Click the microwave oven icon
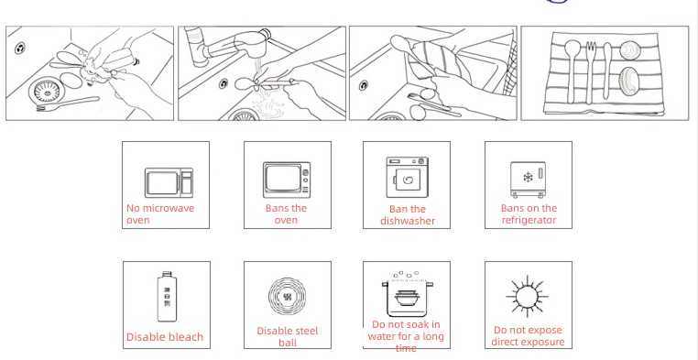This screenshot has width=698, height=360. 169,182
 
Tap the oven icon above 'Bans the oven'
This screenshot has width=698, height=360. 286,180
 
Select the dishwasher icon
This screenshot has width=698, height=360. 407,177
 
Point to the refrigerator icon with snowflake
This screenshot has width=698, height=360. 528,180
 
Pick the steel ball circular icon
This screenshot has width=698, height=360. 288,297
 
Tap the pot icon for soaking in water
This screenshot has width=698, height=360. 406,294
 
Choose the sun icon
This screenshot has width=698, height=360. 528,297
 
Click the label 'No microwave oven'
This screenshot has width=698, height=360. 160,214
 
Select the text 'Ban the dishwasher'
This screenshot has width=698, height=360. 408,215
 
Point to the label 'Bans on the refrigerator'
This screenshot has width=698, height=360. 529,214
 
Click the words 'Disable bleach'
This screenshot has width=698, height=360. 165,337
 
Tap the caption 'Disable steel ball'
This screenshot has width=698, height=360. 288,337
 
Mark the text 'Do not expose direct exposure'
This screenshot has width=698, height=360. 528,336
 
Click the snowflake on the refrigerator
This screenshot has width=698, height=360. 528,178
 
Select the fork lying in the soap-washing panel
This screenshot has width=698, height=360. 68,104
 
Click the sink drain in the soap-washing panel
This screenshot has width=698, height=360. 47,92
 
